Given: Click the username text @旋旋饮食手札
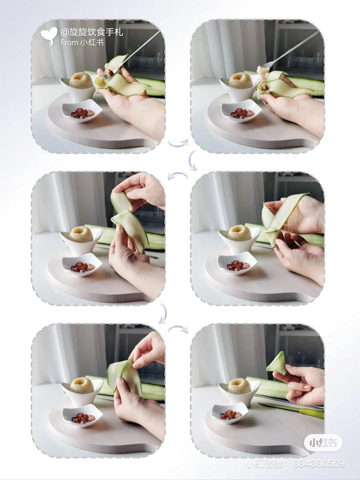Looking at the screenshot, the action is tap(92, 33).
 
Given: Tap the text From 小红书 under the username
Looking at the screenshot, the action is tap(82, 43).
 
